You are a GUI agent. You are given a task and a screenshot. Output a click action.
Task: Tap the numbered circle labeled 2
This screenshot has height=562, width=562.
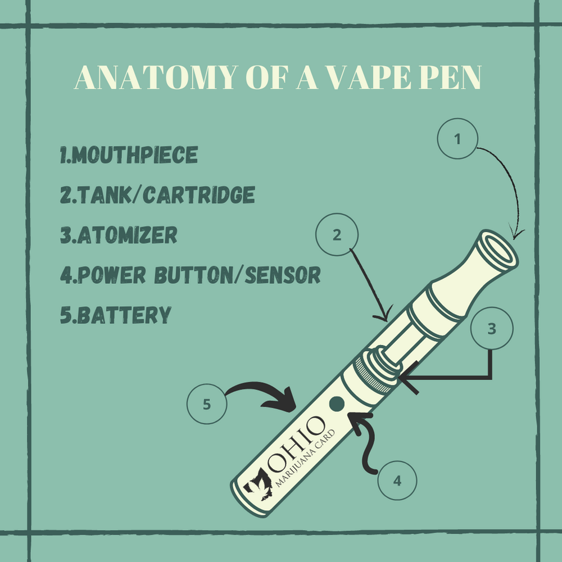[x=337, y=235]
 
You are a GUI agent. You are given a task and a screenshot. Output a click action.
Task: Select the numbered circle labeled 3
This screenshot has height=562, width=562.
[x=492, y=330]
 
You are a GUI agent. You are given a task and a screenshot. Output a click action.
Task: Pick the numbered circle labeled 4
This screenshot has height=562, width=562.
[x=397, y=481]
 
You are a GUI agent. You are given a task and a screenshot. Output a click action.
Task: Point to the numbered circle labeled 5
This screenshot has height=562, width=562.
[x=207, y=404]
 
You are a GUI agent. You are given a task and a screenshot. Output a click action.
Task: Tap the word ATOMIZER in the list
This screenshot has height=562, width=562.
[x=124, y=235]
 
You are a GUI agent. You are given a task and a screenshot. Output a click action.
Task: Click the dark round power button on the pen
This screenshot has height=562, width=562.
[x=337, y=403]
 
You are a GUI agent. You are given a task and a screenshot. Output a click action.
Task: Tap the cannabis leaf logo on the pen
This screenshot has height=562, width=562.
[x=258, y=484]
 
